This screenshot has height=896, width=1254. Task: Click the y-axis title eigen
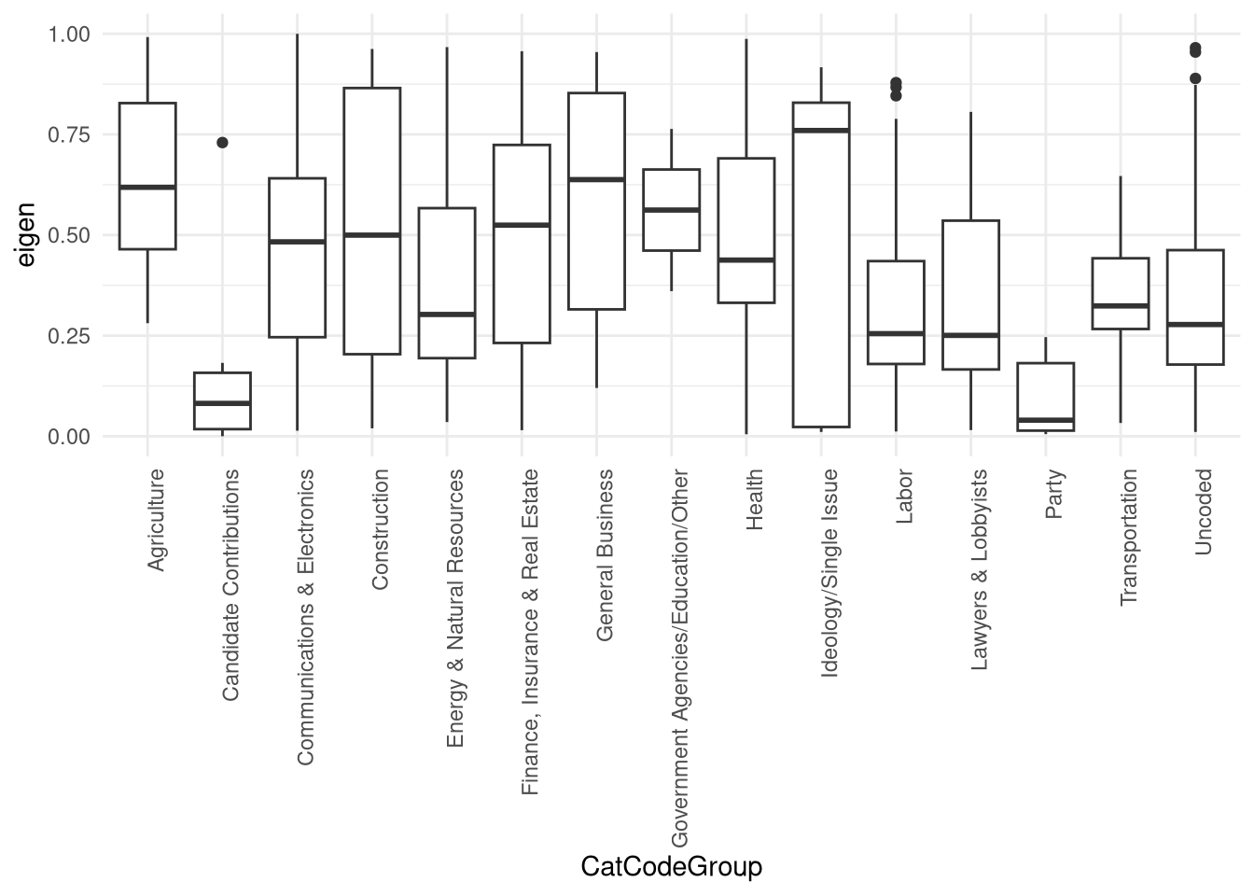(26, 235)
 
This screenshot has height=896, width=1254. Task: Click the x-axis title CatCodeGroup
(671, 867)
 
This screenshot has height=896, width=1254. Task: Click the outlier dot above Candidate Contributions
(222, 143)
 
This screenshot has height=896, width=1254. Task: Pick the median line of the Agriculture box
(147, 188)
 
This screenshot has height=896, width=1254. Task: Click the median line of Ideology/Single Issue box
(821, 131)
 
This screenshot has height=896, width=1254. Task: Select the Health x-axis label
(756, 499)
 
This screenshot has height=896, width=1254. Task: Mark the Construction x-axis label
(381, 529)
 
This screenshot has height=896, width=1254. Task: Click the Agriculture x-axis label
(157, 520)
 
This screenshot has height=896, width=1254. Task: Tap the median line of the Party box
(1046, 420)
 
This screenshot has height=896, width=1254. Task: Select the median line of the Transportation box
(1121, 305)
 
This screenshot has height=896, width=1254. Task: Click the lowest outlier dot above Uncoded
(1195, 78)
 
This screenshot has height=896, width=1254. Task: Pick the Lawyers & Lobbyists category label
(981, 570)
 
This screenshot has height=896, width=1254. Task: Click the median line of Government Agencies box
(671, 210)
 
